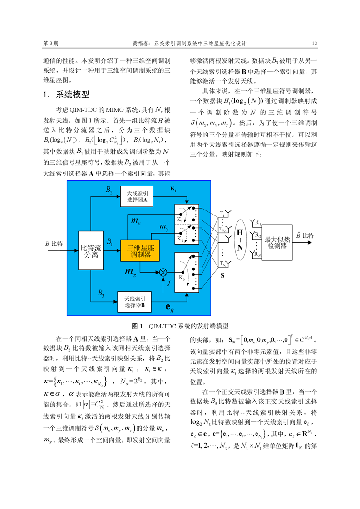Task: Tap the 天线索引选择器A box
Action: (x=139, y=197)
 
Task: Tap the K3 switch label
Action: (x=181, y=278)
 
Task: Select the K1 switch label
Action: (x=180, y=220)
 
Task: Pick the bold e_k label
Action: (x=171, y=309)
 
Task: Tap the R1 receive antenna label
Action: (x=257, y=223)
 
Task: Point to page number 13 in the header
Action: (x=314, y=44)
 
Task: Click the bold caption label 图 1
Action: (x=137, y=326)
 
